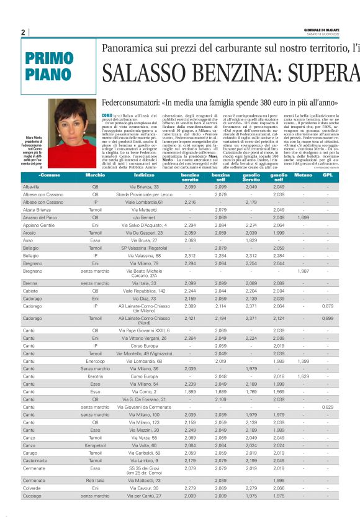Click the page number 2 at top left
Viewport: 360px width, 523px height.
[x=22, y=32]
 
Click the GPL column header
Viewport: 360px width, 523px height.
[x=327, y=175]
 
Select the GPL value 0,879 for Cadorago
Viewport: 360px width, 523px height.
[x=328, y=306]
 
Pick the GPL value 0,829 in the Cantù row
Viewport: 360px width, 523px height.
[x=328, y=407]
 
